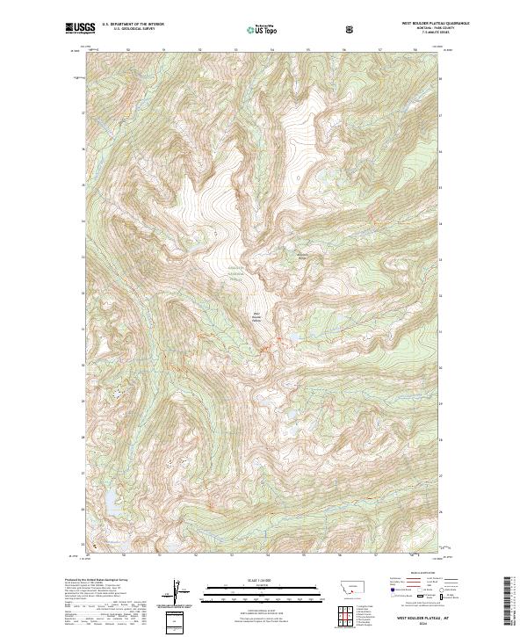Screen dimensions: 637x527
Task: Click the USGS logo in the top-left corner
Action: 78,29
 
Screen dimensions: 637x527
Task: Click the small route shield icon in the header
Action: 351,29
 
